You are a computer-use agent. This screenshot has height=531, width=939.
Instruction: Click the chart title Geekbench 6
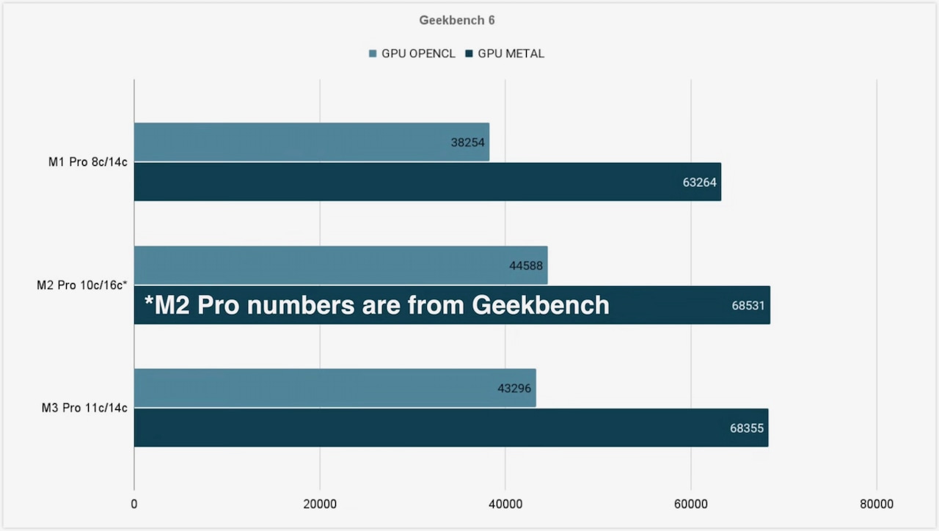(x=457, y=21)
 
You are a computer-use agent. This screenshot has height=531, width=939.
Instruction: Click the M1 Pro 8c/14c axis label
(x=88, y=162)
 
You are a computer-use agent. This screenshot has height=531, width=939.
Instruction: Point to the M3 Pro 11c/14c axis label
(x=84, y=408)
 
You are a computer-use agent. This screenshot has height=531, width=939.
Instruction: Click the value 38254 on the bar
(x=468, y=142)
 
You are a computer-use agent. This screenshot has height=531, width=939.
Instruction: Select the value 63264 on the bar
(x=699, y=183)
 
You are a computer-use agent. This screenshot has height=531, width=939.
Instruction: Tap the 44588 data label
(x=526, y=265)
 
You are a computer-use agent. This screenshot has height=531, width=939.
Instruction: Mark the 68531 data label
(x=748, y=305)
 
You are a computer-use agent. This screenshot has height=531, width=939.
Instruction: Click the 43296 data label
(x=514, y=389)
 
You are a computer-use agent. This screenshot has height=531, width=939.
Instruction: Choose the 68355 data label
(x=747, y=428)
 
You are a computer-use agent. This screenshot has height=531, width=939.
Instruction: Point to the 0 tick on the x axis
(x=134, y=504)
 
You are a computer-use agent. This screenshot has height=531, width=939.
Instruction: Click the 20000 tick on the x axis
(x=320, y=504)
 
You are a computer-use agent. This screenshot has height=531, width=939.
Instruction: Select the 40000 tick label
(x=505, y=504)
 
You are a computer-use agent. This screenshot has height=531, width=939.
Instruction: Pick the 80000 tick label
(x=877, y=504)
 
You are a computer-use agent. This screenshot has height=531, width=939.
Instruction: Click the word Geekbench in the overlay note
(x=540, y=304)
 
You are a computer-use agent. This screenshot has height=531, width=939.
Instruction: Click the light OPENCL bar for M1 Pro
(x=293, y=142)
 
